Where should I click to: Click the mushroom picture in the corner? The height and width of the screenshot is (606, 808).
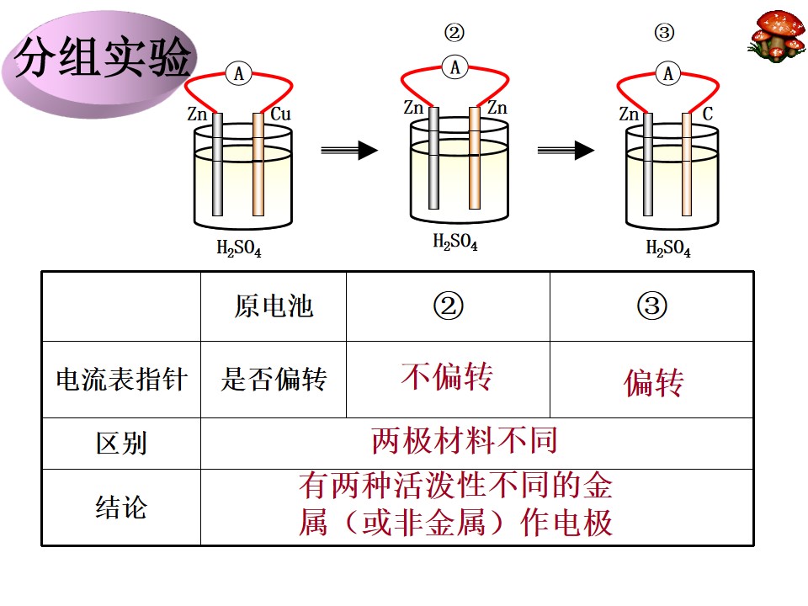(x=777, y=35)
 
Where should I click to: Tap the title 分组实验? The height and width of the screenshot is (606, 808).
(x=102, y=58)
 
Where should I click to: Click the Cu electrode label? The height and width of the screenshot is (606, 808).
(x=280, y=114)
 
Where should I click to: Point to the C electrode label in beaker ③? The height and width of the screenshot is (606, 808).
(x=708, y=114)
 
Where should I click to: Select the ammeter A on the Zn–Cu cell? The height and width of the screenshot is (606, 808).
(x=238, y=74)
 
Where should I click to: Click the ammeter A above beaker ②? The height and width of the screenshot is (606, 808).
(x=455, y=67)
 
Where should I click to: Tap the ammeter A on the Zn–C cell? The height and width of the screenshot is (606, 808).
(x=667, y=73)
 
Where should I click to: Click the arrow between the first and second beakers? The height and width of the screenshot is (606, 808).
(x=349, y=150)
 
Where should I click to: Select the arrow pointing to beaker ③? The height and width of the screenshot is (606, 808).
(x=566, y=150)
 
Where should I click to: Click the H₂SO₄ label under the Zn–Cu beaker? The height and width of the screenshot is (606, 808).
(x=238, y=247)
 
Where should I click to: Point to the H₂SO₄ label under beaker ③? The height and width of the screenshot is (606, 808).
(x=667, y=247)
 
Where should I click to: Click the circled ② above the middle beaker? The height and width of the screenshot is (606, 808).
(x=454, y=33)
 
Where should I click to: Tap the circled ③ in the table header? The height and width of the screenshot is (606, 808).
(x=651, y=306)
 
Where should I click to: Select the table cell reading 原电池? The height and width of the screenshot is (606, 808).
(x=274, y=306)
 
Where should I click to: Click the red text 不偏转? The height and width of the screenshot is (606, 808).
(x=447, y=376)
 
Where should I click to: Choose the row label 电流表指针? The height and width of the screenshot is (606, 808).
(x=121, y=380)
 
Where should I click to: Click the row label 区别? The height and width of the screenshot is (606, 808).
(x=121, y=444)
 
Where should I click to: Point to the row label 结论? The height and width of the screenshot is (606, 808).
(x=121, y=507)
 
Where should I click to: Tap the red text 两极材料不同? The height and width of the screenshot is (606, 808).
(x=465, y=440)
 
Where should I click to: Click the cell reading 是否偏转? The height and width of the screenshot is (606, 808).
(x=274, y=380)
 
